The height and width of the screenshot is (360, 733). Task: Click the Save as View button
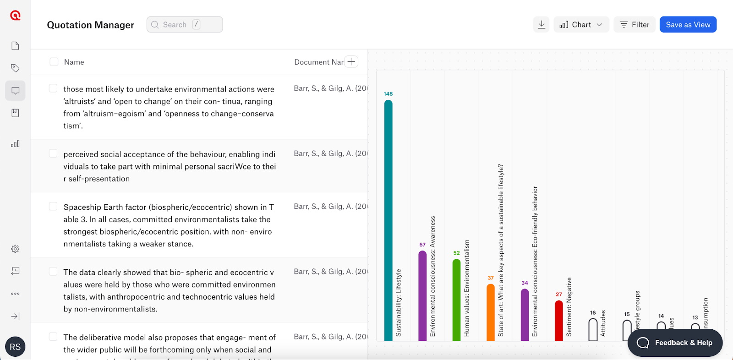[688, 25]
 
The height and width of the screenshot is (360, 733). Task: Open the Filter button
[635, 25]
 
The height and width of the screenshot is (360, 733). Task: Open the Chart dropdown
[581, 25]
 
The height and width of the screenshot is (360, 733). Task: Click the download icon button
[542, 25]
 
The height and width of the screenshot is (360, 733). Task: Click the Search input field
[185, 25]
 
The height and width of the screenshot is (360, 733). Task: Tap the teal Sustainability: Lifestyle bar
[388, 220]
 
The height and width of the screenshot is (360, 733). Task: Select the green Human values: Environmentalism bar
[456, 300]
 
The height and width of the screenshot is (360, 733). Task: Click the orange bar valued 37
[491, 312]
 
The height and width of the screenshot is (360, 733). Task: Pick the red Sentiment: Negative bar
[559, 321]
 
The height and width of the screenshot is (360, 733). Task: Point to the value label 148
[388, 94]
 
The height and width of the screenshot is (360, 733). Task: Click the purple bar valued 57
[422, 295]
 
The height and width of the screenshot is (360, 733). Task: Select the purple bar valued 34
[525, 315]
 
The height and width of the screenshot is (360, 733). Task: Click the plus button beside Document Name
[351, 62]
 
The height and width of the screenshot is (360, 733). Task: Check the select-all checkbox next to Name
[54, 62]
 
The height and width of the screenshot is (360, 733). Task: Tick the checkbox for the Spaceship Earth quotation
[53, 207]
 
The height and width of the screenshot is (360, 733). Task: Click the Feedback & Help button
[675, 343]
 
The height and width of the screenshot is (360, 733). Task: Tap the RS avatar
[15, 347]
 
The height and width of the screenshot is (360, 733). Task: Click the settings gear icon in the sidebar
[15, 249]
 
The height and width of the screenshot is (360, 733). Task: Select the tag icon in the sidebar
[15, 68]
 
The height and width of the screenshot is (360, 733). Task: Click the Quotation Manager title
[91, 25]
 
